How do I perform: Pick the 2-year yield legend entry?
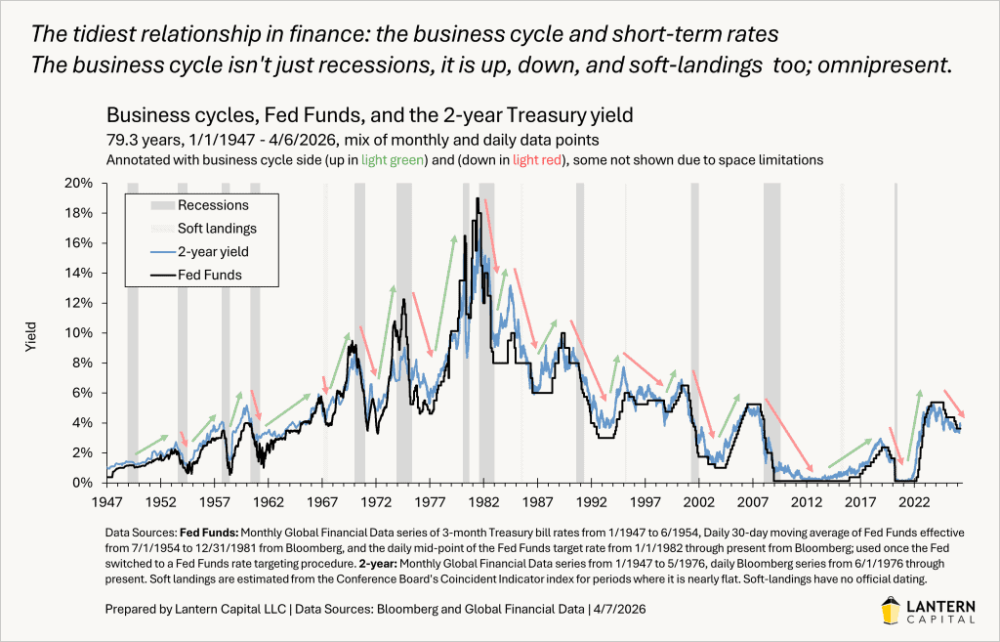pos(212,252)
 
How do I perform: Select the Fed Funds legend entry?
pos(209,276)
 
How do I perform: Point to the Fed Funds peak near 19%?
pos(478,199)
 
